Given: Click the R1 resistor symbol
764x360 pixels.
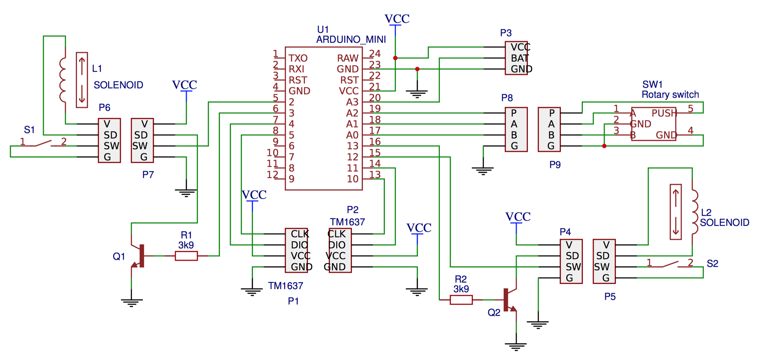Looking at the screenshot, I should point(186,256).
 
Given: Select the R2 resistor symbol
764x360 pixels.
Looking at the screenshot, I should point(461,300).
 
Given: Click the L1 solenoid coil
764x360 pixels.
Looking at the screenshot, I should point(63,80).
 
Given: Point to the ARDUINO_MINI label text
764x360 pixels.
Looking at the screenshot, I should point(351,39).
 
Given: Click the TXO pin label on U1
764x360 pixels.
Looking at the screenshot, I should point(298,58).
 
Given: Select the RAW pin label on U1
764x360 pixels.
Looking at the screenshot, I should point(348,58).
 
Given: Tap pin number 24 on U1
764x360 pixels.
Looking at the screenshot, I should point(375,53).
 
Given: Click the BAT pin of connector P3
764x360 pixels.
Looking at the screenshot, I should point(520,58).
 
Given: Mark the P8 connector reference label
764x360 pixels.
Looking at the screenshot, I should point(507,98).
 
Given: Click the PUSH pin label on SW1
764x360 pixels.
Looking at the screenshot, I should point(664,113).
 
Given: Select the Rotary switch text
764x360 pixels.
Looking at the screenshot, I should point(670,95).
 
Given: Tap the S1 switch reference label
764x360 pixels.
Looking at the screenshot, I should point(29,130).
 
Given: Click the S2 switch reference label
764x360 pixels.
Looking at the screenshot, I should point(712,264).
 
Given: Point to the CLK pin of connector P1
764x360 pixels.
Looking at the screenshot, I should point(299,234).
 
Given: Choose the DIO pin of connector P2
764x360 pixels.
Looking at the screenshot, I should point(337,245).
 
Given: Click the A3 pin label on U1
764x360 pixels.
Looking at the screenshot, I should point(352,102).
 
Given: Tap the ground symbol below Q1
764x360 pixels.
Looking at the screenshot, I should point(131,302).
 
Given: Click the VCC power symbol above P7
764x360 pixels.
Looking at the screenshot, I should point(185,85).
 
